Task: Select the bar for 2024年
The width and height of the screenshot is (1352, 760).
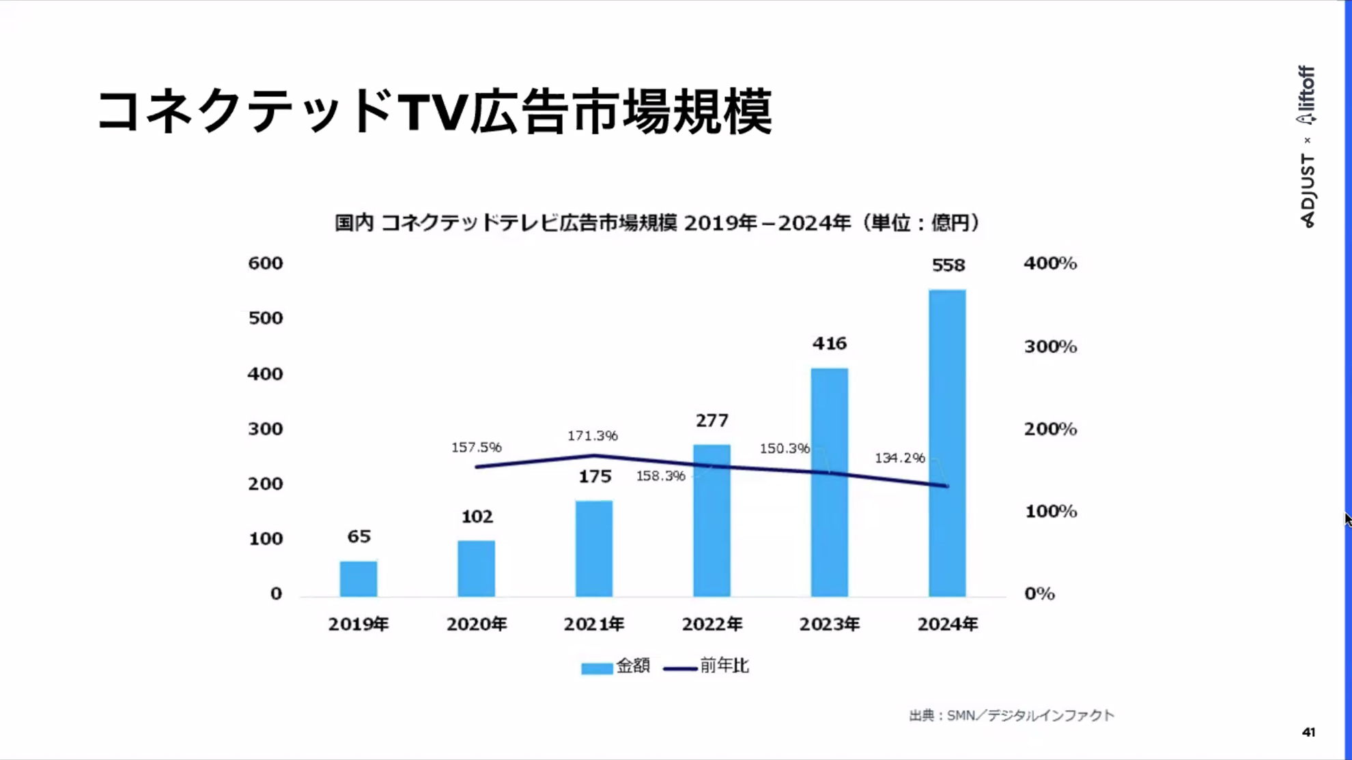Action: pyautogui.click(x=947, y=443)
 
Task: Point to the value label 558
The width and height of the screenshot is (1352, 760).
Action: pyautogui.click(x=948, y=265)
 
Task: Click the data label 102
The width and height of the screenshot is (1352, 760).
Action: pyautogui.click(x=477, y=516)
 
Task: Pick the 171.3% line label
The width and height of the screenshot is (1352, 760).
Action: pyautogui.click(x=592, y=435)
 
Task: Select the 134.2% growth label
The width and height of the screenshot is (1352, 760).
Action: pyautogui.click(x=899, y=458)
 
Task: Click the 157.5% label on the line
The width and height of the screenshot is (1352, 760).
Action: pyautogui.click(x=476, y=448)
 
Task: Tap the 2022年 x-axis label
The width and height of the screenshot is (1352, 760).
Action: pyautogui.click(x=712, y=624)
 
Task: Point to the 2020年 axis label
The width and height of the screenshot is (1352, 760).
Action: pyautogui.click(x=477, y=624)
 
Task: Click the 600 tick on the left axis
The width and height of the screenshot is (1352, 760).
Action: pyautogui.click(x=265, y=263)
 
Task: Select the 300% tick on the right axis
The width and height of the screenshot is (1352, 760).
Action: pyautogui.click(x=1050, y=347)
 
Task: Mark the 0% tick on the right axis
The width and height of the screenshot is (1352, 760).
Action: pyautogui.click(x=1039, y=594)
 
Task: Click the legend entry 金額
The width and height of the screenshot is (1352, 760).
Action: pyautogui.click(x=616, y=666)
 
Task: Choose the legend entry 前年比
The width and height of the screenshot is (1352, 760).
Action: pyautogui.click(x=707, y=666)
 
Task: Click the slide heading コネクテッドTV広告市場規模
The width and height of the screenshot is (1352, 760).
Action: pyautogui.click(x=434, y=111)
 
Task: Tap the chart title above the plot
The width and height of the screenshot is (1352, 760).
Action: pyautogui.click(x=657, y=223)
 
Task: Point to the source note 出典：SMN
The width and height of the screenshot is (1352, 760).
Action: pyautogui.click(x=1011, y=715)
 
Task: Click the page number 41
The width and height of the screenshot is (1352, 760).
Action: pyautogui.click(x=1308, y=732)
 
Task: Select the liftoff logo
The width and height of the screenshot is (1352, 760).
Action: pyautogui.click(x=1306, y=96)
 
